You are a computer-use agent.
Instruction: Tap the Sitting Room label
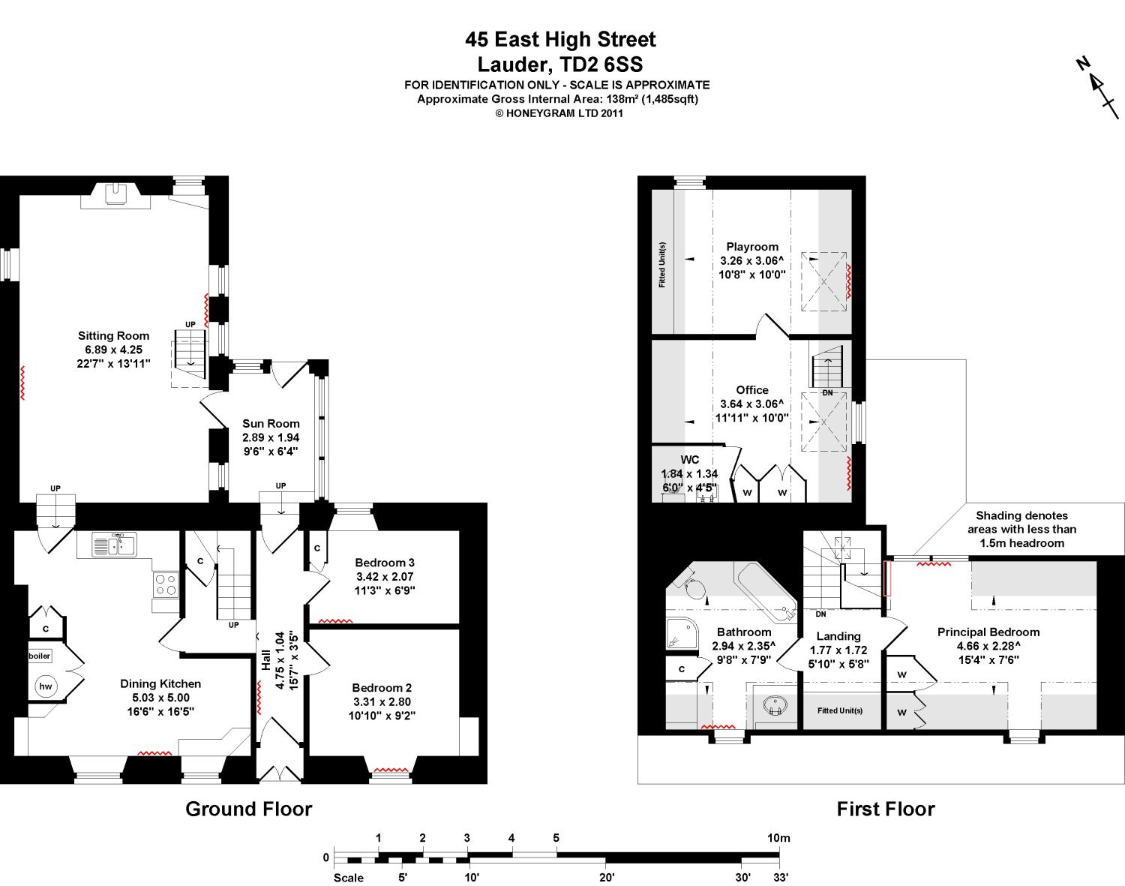point(113,336)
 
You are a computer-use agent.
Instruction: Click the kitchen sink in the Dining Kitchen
point(114,545)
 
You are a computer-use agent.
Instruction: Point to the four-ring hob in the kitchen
point(165,584)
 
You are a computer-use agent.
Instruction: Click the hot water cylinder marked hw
point(46,686)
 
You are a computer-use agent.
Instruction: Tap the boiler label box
point(40,656)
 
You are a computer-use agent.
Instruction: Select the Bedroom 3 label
point(385,563)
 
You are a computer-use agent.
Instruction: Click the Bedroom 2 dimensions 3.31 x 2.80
point(382,701)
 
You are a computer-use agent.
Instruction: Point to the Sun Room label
point(271,423)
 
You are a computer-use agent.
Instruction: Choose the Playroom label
point(752,247)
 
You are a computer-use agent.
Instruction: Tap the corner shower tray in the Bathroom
point(682,635)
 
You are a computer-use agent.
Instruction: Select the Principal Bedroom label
point(988,632)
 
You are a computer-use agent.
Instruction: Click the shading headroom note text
point(1021,529)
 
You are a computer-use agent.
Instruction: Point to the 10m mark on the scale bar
point(778,839)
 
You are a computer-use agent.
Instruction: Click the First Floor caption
point(885,809)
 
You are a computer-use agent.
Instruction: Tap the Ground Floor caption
point(248,809)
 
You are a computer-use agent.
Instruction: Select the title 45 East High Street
point(560,39)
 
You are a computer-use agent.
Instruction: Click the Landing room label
point(838,636)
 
